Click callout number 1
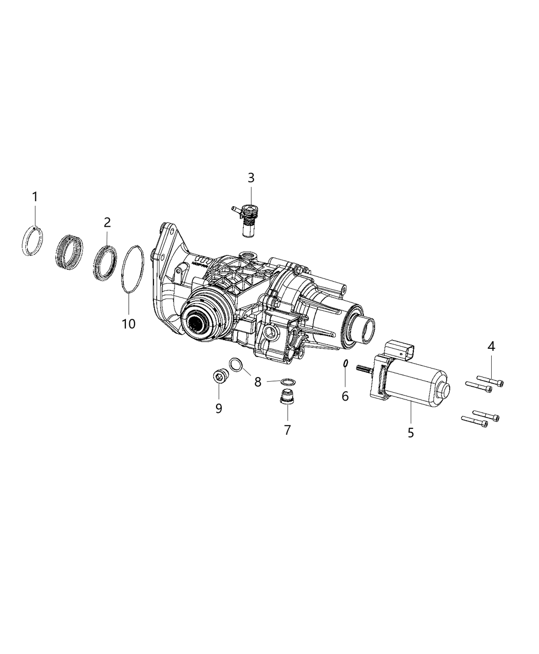(x=35, y=196)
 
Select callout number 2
(x=107, y=222)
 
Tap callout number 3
(x=251, y=178)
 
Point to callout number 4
(x=491, y=347)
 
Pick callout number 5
(x=411, y=432)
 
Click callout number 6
(x=345, y=395)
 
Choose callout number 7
(x=287, y=429)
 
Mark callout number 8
(x=258, y=382)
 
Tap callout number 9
(x=219, y=408)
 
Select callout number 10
(x=128, y=324)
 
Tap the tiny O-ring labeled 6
(x=346, y=363)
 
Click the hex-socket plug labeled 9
(x=221, y=376)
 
